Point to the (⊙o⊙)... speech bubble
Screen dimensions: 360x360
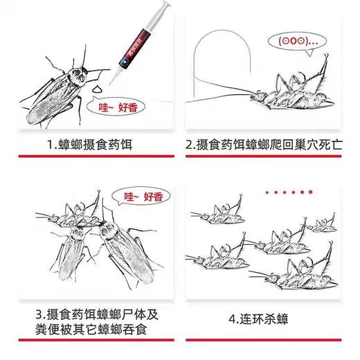[296, 41]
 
